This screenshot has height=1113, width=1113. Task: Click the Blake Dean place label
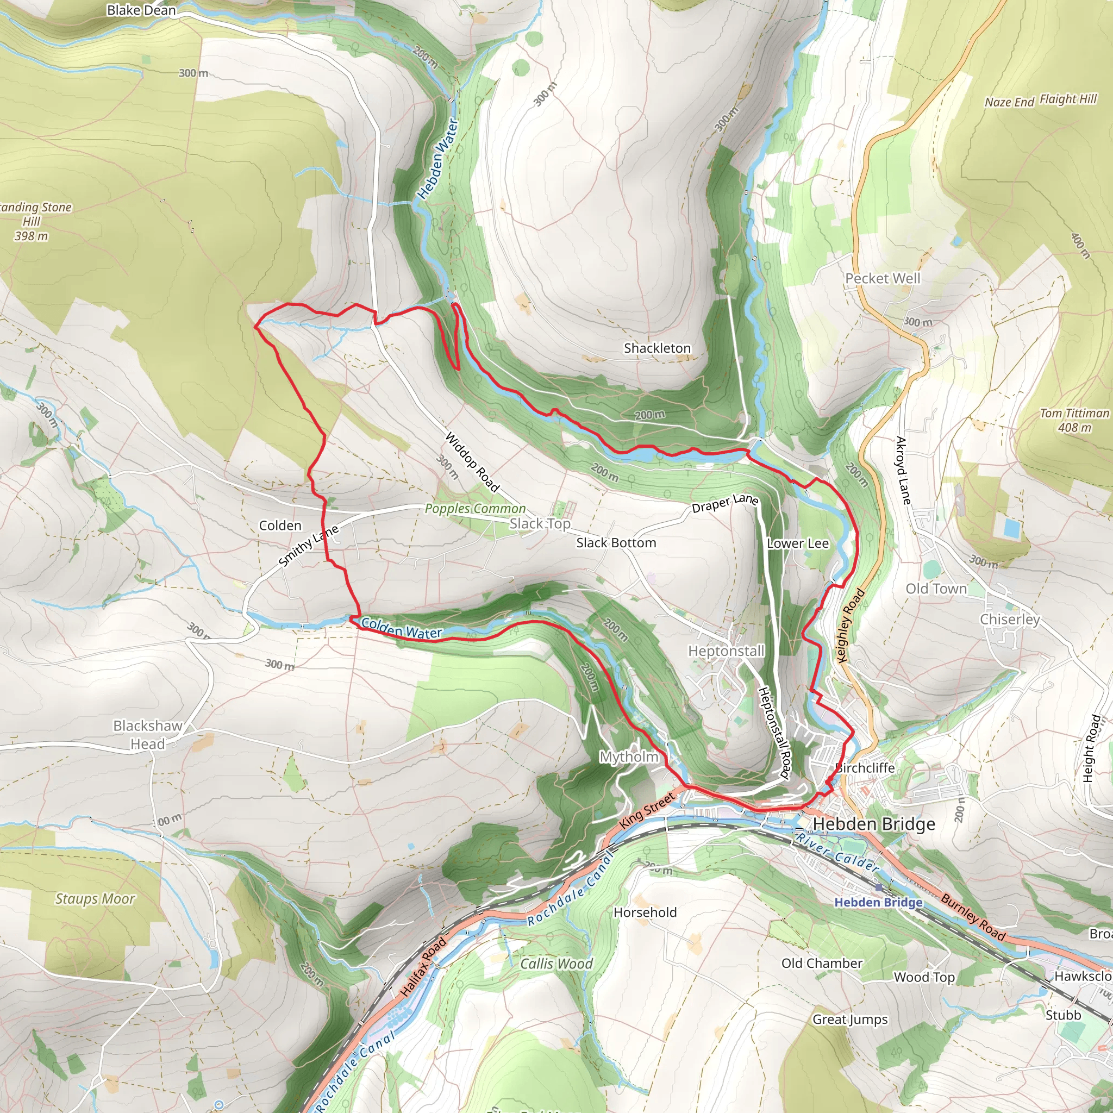(x=141, y=10)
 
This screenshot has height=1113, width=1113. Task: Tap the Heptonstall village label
(x=726, y=651)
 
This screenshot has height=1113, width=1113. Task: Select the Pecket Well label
(x=882, y=279)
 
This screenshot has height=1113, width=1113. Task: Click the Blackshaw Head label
(x=147, y=735)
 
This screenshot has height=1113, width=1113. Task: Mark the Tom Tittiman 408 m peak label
(x=1074, y=420)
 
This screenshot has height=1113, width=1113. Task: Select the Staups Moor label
(x=95, y=899)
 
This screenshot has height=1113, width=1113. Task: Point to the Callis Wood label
(x=556, y=964)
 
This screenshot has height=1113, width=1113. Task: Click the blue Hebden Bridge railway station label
(x=878, y=902)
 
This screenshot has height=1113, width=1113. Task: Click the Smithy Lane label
(x=308, y=546)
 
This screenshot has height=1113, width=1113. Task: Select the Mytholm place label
(x=629, y=756)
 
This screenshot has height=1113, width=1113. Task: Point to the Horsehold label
(x=645, y=912)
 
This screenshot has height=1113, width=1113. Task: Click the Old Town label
(x=936, y=589)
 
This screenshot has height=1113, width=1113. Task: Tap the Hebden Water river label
(x=438, y=159)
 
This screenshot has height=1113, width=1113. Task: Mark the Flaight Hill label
(x=1067, y=99)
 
